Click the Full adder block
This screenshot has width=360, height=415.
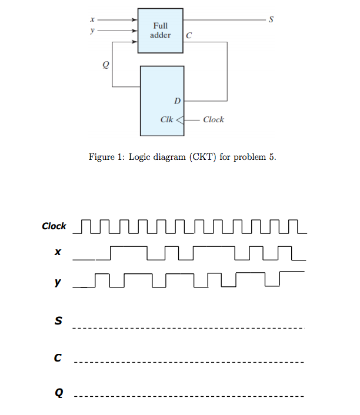[160, 31]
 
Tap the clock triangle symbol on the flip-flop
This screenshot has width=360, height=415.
[180, 119]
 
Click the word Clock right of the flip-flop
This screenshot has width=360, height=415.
[213, 119]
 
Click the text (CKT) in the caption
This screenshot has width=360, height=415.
[201, 158]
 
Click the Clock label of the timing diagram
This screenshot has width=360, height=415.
[54, 226]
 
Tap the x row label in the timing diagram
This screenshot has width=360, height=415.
[58, 253]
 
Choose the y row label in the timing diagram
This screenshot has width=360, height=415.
[58, 282]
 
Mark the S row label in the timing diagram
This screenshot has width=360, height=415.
[58, 321]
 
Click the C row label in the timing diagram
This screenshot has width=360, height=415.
[58, 357]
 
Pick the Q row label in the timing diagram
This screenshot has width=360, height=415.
[58, 392]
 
